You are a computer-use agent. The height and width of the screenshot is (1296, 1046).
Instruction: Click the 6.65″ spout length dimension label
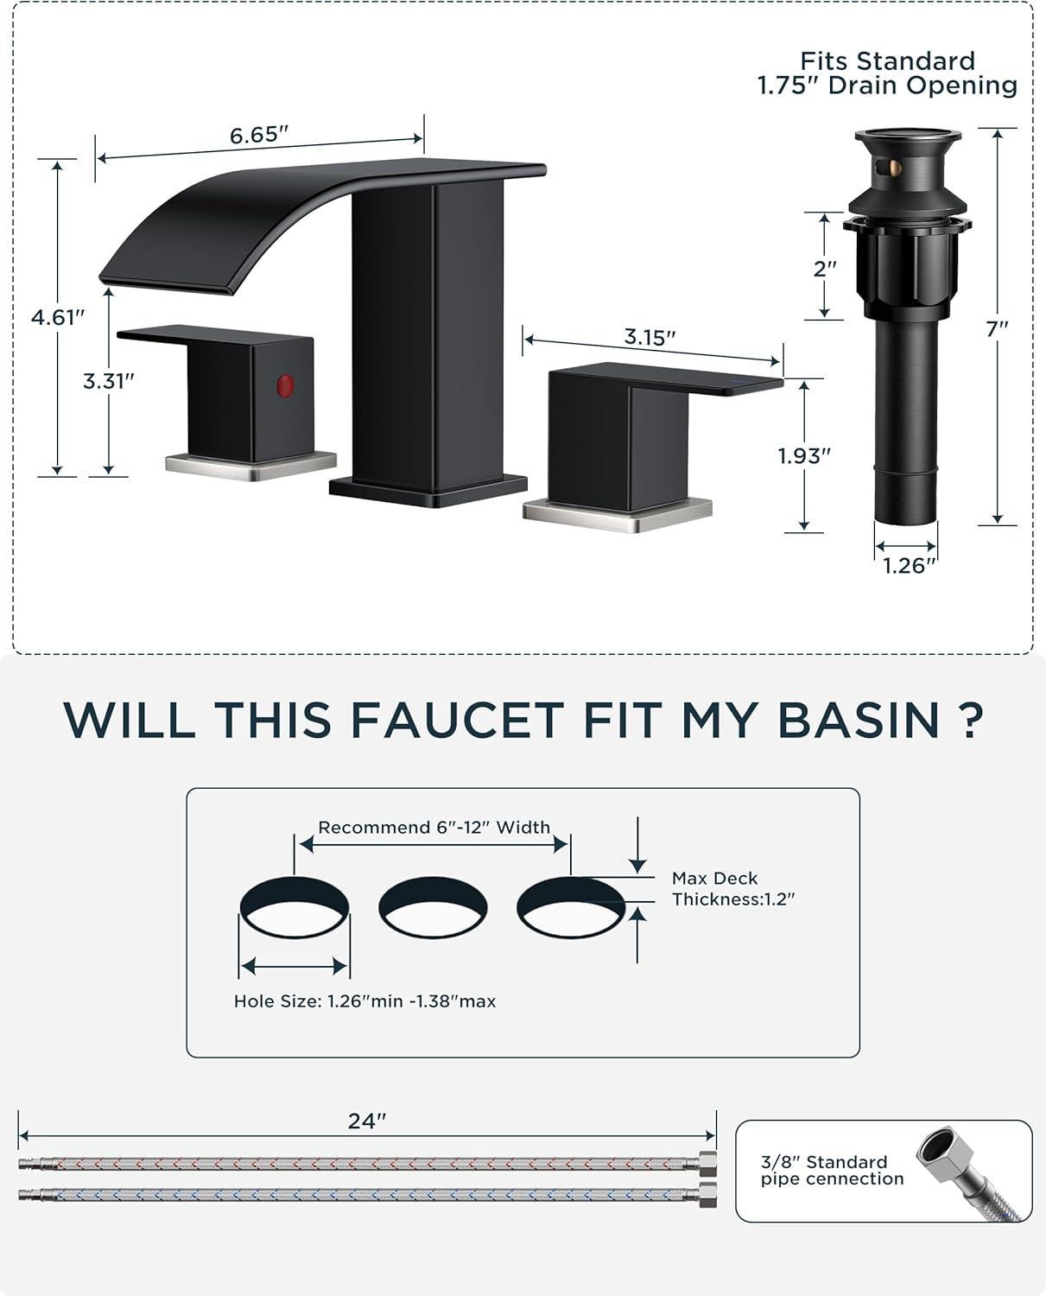[x=258, y=135]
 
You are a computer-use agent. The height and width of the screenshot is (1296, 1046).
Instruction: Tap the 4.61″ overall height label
[x=58, y=317]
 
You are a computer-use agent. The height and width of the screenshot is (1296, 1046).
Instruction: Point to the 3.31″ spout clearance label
[x=108, y=381]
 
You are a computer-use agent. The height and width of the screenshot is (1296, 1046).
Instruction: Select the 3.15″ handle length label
[x=650, y=336]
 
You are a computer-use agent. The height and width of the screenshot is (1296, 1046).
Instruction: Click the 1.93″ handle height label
[x=804, y=455]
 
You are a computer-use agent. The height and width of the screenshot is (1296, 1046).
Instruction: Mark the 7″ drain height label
[x=998, y=328]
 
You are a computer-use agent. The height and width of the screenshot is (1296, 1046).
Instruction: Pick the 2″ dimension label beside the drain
[x=825, y=268]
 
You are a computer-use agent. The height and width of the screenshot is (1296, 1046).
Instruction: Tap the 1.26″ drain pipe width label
[x=909, y=565]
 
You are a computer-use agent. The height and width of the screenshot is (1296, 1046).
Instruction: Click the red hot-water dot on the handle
[x=285, y=385]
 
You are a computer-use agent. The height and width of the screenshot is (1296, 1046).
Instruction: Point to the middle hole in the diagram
[x=433, y=906]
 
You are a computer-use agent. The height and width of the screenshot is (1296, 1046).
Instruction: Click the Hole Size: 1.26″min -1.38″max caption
[x=365, y=1001]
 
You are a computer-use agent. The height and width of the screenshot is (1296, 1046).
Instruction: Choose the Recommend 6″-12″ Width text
[x=434, y=828]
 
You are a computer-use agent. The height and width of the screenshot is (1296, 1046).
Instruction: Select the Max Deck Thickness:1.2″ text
[x=733, y=888]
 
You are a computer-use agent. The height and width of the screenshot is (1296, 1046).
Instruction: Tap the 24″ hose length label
[x=367, y=1121]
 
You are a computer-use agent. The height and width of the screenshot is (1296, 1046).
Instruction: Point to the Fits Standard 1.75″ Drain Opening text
[x=887, y=73]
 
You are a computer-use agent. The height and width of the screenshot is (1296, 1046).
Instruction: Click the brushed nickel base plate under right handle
[x=618, y=515]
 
